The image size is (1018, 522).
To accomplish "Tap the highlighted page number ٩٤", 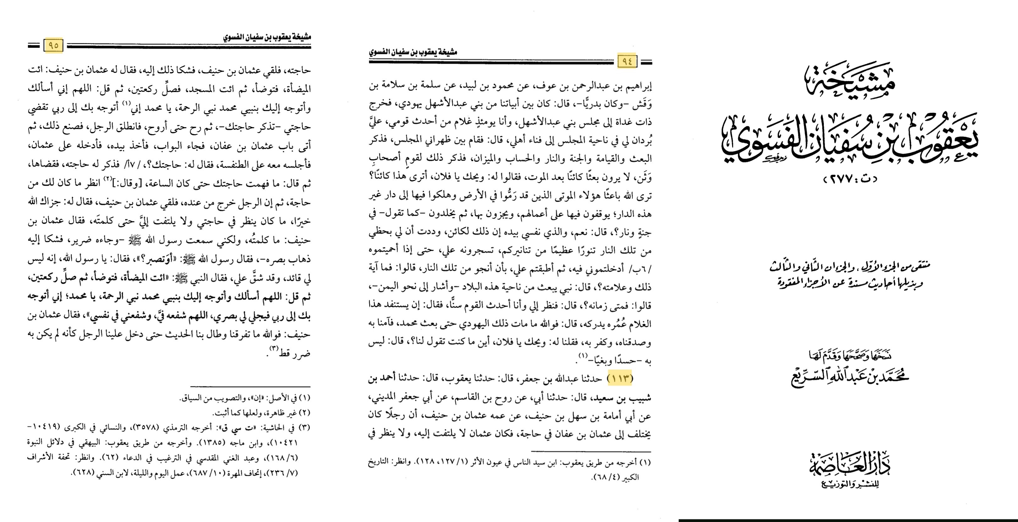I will (x=627, y=61).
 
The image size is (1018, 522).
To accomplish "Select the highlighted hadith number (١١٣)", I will (x=620, y=378).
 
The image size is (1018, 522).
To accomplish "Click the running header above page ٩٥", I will (x=267, y=37).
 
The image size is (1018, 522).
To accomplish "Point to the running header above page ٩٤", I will (x=413, y=52).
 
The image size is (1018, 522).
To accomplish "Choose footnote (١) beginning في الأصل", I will (x=245, y=398).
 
